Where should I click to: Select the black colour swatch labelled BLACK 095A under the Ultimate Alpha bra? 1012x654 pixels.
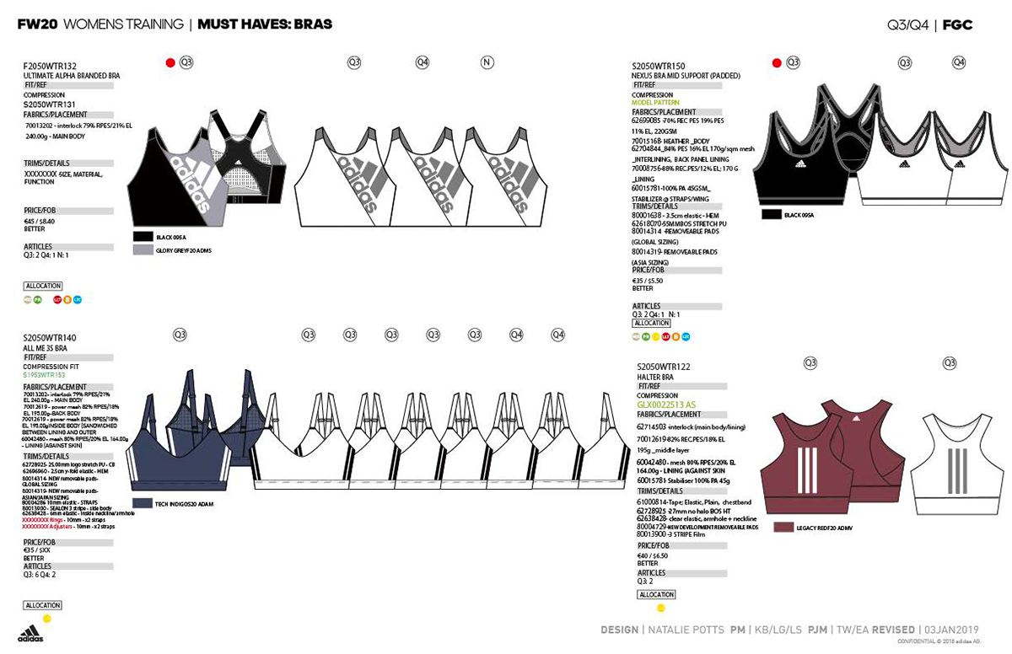143,237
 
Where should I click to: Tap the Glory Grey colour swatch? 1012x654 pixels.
143,250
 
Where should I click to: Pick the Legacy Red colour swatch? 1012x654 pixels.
783,528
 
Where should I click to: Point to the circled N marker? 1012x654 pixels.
487,62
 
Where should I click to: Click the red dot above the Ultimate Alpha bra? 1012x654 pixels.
170,62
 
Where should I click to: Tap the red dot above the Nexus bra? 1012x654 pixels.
777,62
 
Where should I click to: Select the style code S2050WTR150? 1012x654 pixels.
658,66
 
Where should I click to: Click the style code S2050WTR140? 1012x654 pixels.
50,338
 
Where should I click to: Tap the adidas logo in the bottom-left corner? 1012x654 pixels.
30,633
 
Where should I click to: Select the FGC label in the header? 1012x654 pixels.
958,24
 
